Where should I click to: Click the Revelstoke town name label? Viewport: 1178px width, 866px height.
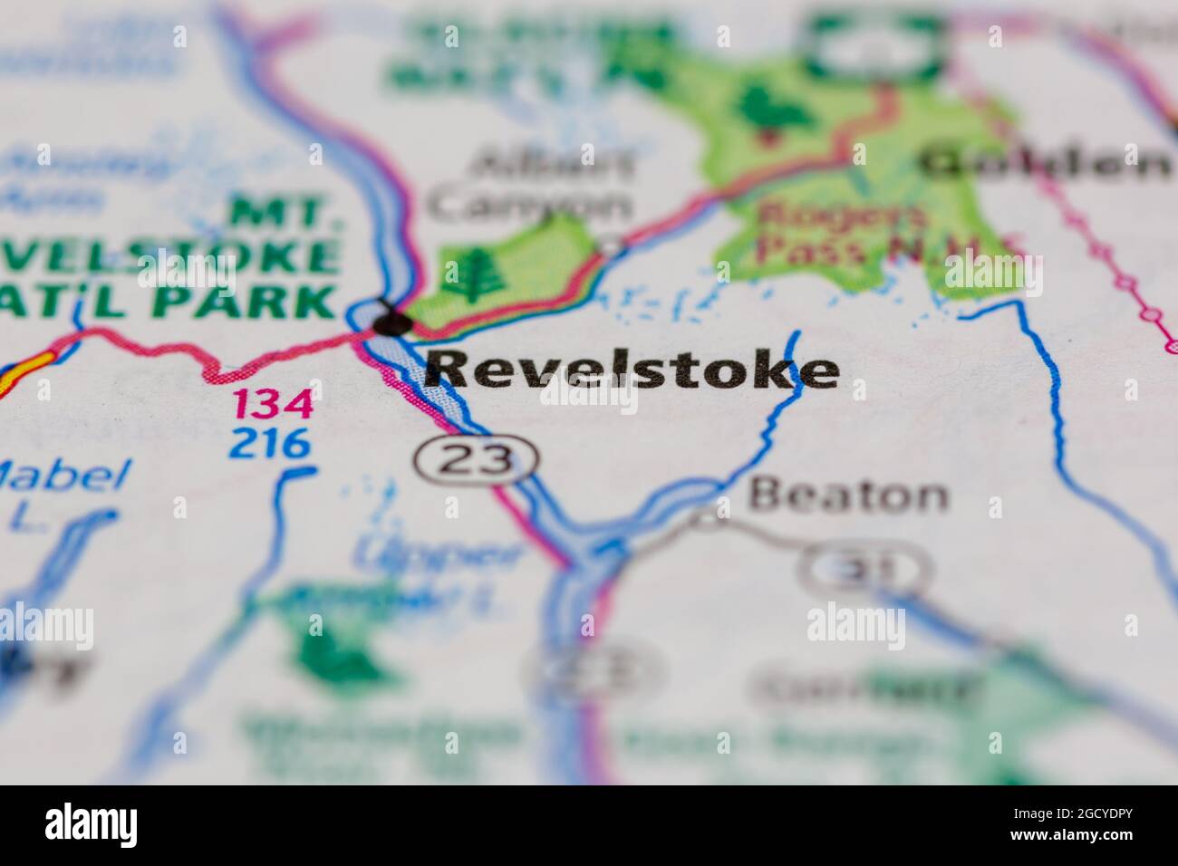click(x=632, y=370)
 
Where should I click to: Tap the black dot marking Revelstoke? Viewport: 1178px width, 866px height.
click(x=392, y=322)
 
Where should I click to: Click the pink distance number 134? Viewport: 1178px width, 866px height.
click(x=274, y=403)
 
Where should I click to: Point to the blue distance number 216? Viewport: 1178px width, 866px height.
click(x=270, y=443)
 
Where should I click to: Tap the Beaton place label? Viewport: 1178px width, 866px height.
click(x=849, y=495)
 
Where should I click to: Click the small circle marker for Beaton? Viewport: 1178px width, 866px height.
click(x=707, y=520)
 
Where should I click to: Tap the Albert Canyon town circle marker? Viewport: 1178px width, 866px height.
click(x=613, y=245)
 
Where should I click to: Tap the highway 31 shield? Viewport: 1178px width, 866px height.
click(x=864, y=569)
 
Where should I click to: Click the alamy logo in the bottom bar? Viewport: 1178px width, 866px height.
click(x=91, y=825)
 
